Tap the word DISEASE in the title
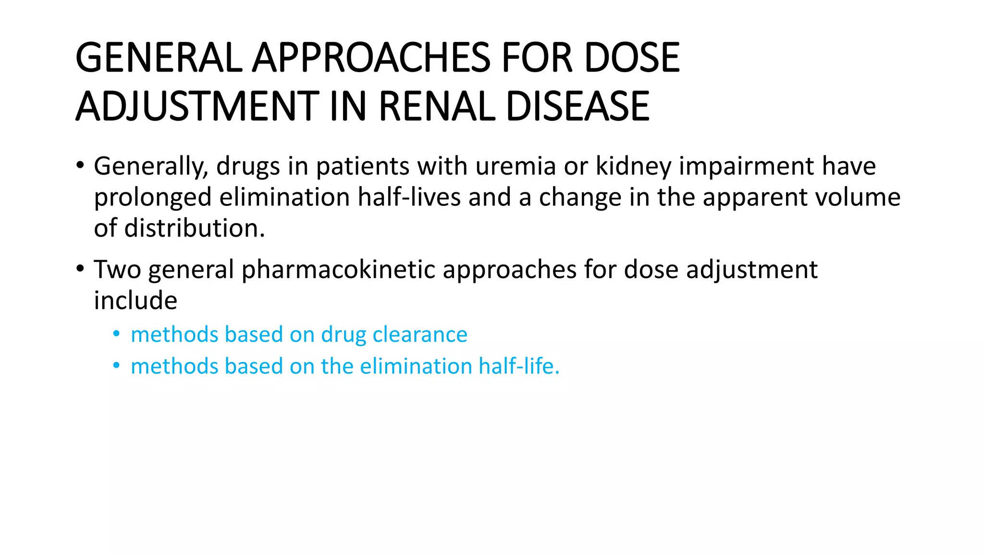578,106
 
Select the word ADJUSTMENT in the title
197,106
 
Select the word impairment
746,166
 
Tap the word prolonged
153,198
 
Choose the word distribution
195,228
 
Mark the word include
135,301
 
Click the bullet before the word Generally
80,166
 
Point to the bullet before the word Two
80,269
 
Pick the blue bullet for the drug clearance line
116,334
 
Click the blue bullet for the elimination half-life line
116,366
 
